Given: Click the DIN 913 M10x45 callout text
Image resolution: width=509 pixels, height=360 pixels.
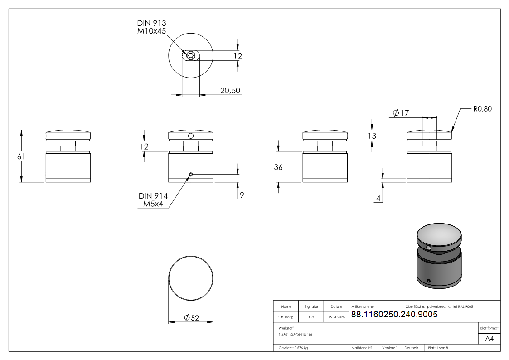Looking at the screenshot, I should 151,27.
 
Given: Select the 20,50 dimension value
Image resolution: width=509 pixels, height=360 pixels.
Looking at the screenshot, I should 230,91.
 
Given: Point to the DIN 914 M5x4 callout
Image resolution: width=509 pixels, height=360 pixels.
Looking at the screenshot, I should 153,200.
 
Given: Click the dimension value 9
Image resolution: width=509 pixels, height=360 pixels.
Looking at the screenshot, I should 242,195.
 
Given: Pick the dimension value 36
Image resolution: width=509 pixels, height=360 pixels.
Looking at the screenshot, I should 278,167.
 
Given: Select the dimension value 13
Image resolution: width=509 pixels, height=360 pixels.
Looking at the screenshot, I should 372,136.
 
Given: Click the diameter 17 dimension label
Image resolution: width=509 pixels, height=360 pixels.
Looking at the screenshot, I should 401,113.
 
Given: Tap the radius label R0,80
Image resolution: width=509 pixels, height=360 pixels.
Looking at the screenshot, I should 482,109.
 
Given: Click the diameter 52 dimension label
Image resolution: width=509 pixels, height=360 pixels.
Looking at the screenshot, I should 192,318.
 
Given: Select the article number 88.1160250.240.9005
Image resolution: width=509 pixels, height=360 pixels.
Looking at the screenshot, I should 394,315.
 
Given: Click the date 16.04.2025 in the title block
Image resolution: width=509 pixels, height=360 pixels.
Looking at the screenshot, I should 336,317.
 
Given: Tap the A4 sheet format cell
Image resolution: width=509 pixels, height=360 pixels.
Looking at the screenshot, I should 489,339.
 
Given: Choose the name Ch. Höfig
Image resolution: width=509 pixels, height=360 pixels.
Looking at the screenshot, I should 286,317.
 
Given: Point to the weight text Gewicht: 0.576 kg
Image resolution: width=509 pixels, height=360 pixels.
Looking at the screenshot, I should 293,348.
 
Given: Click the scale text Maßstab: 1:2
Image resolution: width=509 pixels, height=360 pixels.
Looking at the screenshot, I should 362,348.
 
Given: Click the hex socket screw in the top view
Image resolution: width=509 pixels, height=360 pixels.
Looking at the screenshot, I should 191,56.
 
